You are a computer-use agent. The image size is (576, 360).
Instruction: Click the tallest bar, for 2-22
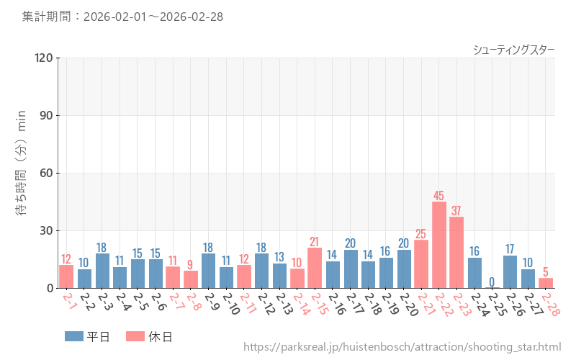coord(439,245)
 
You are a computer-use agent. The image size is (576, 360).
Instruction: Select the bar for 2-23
coord(456,253)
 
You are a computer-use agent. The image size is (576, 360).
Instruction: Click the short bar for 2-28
coord(546,283)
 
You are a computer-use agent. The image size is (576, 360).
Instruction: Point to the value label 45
coord(439,196)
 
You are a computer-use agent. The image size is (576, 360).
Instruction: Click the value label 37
coord(456,211)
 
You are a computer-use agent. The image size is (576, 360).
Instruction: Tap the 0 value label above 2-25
coord(492,282)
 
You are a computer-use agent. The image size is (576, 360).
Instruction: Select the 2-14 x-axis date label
coord(300,305)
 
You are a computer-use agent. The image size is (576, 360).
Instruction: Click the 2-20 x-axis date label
coord(407,305)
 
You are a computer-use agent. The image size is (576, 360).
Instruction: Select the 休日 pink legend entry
coord(148,336)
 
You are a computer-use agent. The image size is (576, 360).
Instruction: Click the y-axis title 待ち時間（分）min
coord(22,173)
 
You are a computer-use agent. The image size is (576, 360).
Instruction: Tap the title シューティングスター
coord(513,50)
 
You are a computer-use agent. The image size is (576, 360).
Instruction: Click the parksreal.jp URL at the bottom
coord(402,347)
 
